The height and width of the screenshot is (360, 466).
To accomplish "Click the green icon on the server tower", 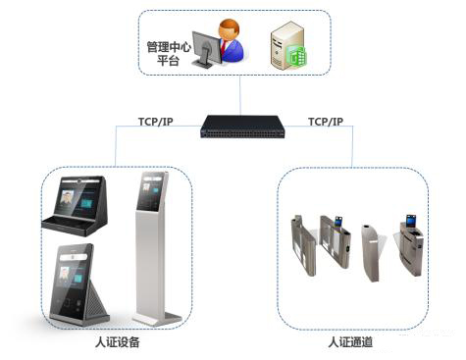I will coord(301,58).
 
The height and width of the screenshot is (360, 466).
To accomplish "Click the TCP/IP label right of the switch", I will coord(326,122).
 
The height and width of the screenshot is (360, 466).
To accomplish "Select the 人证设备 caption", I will coord(110,342).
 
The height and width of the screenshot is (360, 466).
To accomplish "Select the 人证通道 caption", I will coord(350,342).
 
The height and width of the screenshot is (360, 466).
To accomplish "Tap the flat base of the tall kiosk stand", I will coord(157,318).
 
